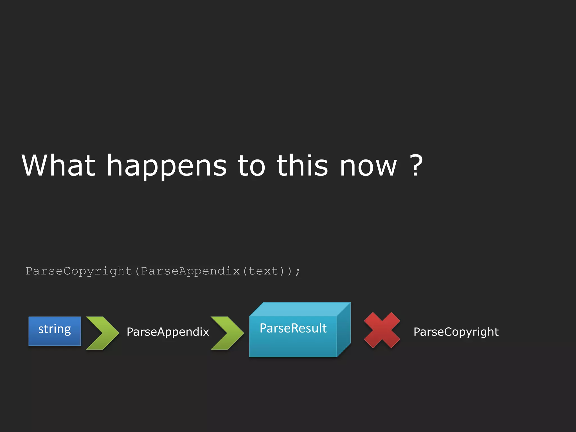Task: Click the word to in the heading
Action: click(x=251, y=166)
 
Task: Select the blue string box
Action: click(x=55, y=331)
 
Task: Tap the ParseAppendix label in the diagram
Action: click(x=168, y=332)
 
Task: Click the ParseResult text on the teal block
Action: click(x=293, y=328)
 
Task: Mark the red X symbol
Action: click(x=382, y=330)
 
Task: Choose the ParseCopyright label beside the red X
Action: click(x=456, y=332)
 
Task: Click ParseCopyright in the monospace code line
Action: click(x=79, y=271)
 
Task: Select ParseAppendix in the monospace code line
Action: click(x=190, y=271)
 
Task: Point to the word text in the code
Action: click(x=263, y=271)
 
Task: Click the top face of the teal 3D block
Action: click(x=300, y=309)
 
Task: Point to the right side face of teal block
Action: click(x=344, y=329)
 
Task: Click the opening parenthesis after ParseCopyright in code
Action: click(x=137, y=271)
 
